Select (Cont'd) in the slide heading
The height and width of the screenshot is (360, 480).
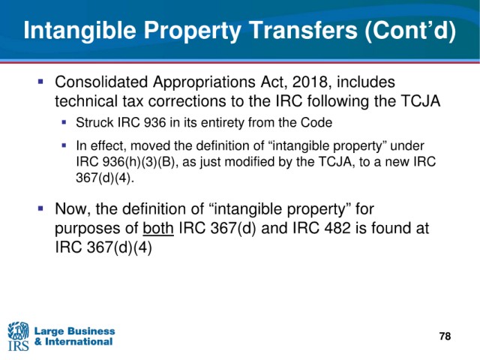pos(410,31)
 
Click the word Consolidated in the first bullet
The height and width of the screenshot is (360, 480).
pos(102,82)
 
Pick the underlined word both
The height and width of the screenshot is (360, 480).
pos(158,228)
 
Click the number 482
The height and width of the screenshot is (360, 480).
pos(336,228)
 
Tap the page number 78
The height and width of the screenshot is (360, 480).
pos(445,336)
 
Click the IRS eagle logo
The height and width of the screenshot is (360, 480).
pos(18,336)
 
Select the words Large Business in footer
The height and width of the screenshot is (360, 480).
pos(75,331)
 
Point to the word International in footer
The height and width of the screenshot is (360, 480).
pos(79,341)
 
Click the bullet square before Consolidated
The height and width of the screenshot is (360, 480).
pos(40,82)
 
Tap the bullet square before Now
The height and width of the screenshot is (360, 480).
pos(40,208)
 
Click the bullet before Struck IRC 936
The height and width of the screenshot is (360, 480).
pos(64,122)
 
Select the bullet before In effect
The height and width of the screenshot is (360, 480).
pos(64,145)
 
